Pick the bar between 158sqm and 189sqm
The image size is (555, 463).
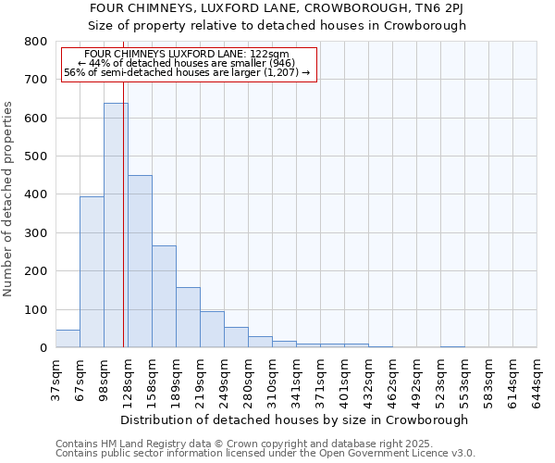click(164, 296)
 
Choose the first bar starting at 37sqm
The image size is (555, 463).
click(68, 339)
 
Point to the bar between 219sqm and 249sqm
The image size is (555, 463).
click(212, 329)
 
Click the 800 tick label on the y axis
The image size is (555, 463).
click(35, 42)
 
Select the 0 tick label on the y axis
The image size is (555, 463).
click(43, 348)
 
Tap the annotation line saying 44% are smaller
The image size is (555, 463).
click(189, 63)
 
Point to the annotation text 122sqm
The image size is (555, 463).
click(189, 55)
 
